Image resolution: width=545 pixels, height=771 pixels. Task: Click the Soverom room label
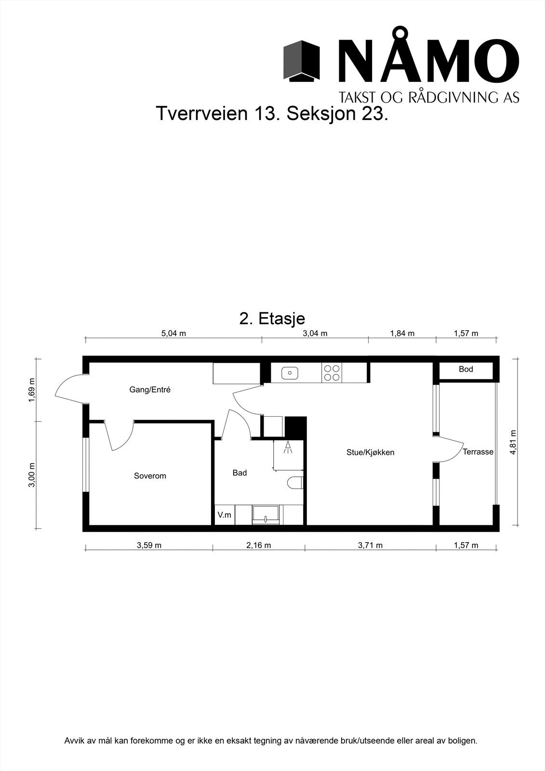point(150,476)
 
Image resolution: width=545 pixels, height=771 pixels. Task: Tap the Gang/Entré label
point(150,390)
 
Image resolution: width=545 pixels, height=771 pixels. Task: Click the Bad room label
point(239,473)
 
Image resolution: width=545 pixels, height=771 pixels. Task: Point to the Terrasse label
point(478,452)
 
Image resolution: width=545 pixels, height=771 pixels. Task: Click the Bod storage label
point(465,370)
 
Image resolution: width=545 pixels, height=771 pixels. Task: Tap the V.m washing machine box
point(224,515)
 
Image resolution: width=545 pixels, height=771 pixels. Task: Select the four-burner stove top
point(332,373)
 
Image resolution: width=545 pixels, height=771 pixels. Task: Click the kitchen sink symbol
point(290,372)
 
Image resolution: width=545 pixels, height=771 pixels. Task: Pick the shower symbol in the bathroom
point(288,448)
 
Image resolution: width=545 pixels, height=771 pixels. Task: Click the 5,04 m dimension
point(173,333)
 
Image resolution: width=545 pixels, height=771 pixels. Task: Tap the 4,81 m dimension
point(513,442)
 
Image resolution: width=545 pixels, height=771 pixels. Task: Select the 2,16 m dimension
point(258,545)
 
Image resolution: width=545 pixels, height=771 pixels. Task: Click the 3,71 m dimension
point(370,545)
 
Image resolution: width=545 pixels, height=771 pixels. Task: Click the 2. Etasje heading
point(272,319)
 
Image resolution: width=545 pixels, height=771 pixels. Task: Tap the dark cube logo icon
point(302,60)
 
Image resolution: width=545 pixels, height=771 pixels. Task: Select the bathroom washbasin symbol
point(266,514)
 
